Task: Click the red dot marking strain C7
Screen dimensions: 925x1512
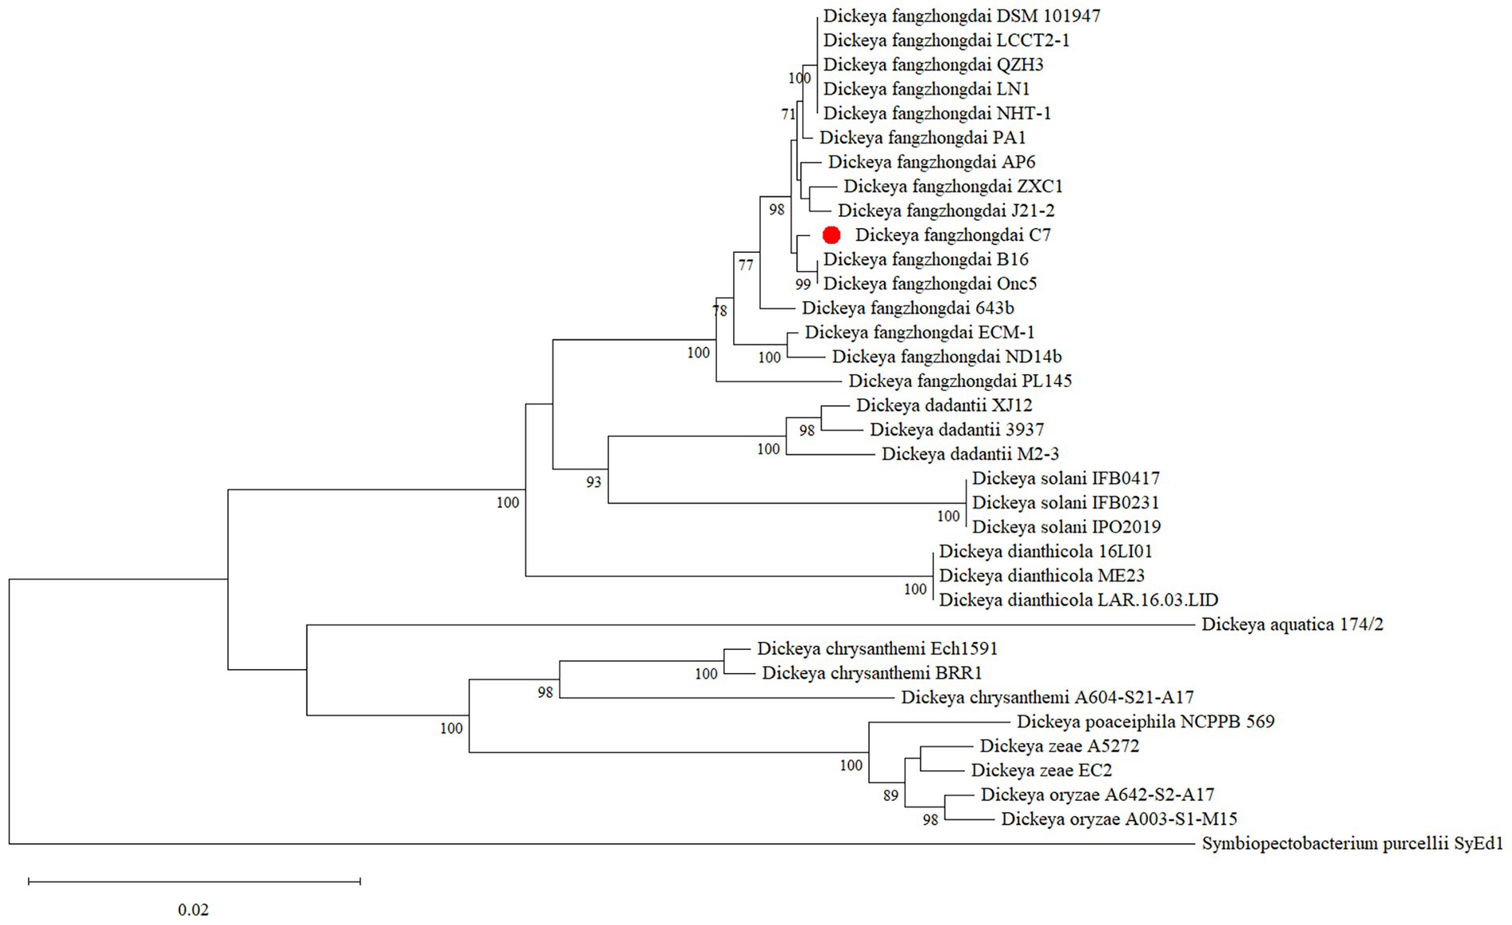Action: coord(832,235)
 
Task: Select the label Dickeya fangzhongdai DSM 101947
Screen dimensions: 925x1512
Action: coord(962,16)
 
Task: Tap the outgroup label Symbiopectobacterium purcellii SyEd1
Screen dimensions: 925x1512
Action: coord(1352,843)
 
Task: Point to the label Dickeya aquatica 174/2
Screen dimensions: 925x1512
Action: coord(1292,625)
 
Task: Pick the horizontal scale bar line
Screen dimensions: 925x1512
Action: coord(194,880)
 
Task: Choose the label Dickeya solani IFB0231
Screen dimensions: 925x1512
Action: coord(1065,502)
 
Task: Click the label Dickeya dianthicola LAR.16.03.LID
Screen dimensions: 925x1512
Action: coord(1078,600)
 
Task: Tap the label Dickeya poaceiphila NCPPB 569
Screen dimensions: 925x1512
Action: coord(1146,722)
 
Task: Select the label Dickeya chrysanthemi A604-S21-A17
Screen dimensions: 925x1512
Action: coord(1047,698)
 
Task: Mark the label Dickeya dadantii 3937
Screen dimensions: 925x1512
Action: coord(956,430)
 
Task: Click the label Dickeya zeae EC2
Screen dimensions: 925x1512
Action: coord(1041,770)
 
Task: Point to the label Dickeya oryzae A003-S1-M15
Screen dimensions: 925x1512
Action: coord(1118,819)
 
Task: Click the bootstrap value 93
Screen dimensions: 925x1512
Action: coord(594,482)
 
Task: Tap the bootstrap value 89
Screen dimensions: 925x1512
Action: coord(890,795)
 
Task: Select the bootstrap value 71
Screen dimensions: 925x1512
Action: coord(788,114)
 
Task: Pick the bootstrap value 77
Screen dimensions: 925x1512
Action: coord(745,265)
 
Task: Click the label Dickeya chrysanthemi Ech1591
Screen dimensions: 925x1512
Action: coord(877,648)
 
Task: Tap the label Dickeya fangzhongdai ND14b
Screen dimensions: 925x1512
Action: coord(947,357)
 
